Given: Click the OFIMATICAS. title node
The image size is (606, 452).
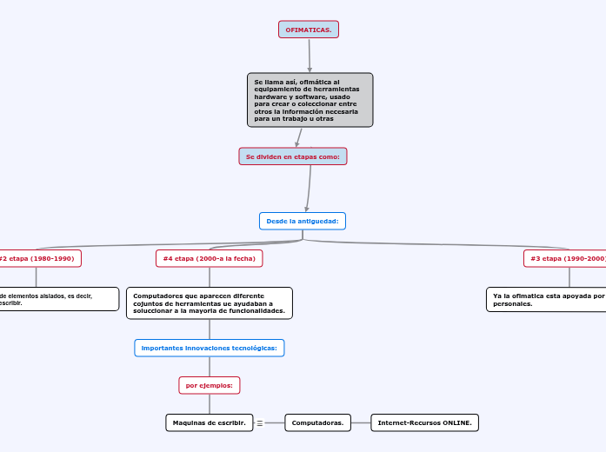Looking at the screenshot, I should click(309, 30).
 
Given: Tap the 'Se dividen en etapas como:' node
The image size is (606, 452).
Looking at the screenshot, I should click(293, 156).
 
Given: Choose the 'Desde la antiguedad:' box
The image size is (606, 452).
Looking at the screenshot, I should click(303, 221).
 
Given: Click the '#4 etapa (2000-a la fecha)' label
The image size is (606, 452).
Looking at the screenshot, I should click(209, 258).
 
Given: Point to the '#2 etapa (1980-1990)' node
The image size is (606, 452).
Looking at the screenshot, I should click(37, 258).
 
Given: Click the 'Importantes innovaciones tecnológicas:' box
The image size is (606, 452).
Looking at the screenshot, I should click(210, 348).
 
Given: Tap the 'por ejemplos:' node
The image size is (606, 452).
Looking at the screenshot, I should click(210, 384).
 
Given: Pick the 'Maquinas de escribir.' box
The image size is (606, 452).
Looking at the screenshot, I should click(209, 422).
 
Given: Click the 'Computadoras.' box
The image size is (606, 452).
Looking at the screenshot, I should click(317, 422).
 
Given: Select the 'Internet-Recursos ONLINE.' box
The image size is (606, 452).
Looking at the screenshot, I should click(425, 422).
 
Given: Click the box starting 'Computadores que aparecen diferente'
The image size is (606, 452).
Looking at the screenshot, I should click(210, 302).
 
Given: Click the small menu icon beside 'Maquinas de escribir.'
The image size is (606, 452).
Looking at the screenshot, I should click(260, 423).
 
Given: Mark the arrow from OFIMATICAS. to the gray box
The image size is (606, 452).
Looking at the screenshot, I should click(309, 56).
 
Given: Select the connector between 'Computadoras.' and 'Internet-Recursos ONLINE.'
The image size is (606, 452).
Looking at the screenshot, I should click(361, 422).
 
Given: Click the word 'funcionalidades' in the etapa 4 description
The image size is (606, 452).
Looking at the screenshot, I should click(253, 310).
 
